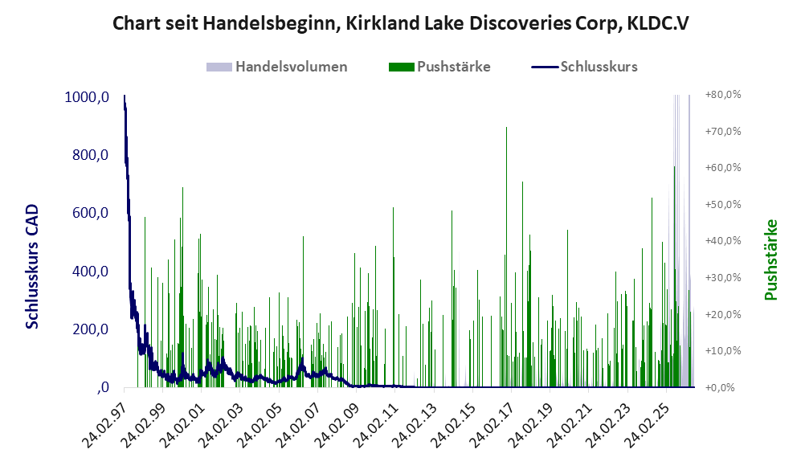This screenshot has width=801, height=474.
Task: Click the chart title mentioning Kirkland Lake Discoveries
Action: pyautogui.click(x=400, y=23)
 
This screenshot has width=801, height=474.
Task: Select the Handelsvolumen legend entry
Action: pyautogui.click(x=276, y=67)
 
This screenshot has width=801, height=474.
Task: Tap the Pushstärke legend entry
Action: pyautogui.click(x=439, y=67)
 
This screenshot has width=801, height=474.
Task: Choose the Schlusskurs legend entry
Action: pyautogui.click(x=584, y=67)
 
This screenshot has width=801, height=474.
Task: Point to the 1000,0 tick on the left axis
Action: pyautogui.click(x=87, y=97)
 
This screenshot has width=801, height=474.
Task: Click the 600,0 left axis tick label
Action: pyautogui.click(x=91, y=213)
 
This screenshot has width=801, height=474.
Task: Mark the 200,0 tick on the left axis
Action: pyautogui.click(x=91, y=329)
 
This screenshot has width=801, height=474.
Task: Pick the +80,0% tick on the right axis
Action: pyautogui.click(x=723, y=95)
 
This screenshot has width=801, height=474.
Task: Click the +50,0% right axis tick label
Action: pyautogui.click(x=723, y=204)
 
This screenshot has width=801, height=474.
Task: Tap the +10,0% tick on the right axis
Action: pyautogui.click(x=723, y=351)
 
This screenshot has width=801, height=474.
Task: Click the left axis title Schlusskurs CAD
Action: pyautogui.click(x=31, y=267)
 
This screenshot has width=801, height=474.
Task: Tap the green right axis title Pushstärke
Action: pyautogui.click(x=770, y=260)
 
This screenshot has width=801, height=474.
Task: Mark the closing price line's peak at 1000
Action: pyautogui.click(x=125, y=96)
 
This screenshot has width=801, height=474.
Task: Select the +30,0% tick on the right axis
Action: pyautogui.click(x=723, y=277)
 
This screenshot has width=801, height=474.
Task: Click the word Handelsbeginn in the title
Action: pyautogui.click(x=269, y=24)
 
